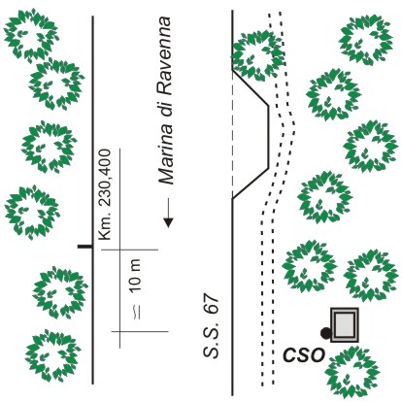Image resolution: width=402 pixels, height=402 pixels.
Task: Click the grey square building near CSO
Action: tap(345, 324)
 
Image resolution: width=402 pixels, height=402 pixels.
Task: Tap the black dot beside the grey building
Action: tap(325, 333)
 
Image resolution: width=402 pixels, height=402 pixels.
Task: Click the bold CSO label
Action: tap(304, 354)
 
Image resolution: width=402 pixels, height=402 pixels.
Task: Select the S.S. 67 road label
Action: tap(212, 325)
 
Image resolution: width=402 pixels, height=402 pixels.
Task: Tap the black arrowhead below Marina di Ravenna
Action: tap(168, 222)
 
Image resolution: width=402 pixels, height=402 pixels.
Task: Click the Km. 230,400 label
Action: tap(105, 194)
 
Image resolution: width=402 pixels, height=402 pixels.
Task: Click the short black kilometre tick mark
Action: tap(84, 247)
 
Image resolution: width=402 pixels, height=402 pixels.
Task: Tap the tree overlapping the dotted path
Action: tap(258, 55)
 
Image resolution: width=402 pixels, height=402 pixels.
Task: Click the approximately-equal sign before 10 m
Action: tap(137, 312)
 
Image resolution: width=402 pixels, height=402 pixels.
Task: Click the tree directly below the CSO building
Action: tap(352, 372)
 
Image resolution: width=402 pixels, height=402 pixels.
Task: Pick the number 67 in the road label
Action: tap(212, 303)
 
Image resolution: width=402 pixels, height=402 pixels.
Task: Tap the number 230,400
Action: tap(105, 178)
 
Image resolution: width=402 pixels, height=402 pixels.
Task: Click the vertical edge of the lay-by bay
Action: tap(268, 137)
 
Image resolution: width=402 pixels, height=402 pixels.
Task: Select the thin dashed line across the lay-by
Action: tap(232, 134)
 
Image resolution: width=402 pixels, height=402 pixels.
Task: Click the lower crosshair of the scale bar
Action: tap(119, 331)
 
